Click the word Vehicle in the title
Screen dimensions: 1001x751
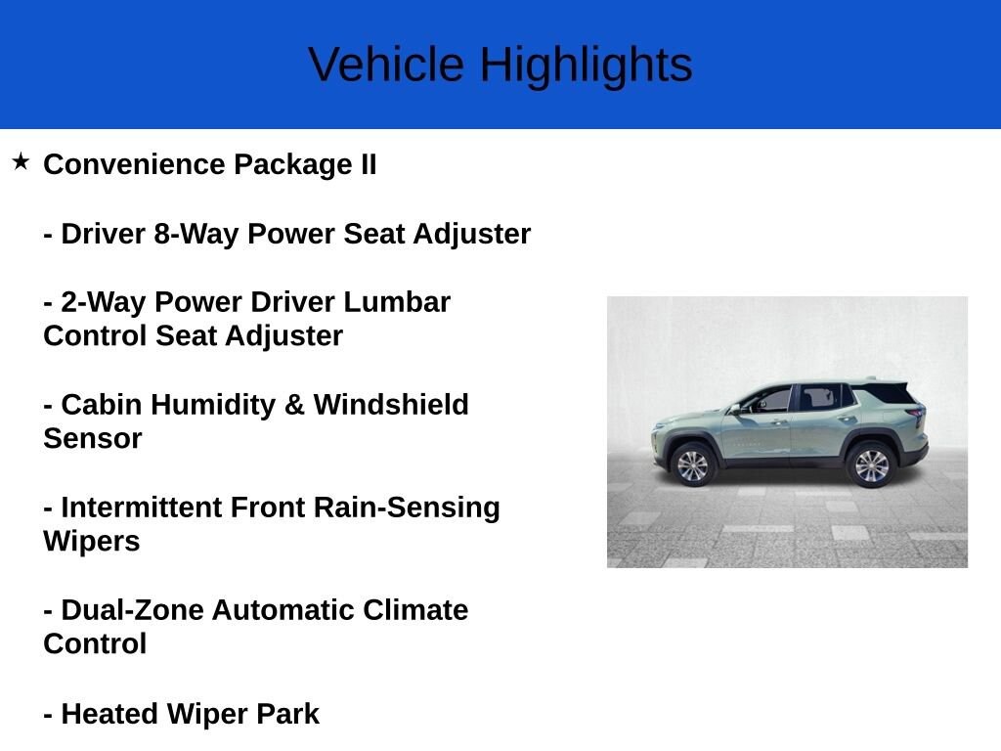(x=386, y=65)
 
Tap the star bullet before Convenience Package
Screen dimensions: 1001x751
(x=21, y=161)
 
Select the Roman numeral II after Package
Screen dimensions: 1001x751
(x=369, y=164)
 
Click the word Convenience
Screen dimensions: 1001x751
(x=134, y=164)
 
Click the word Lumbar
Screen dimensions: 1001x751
(x=397, y=302)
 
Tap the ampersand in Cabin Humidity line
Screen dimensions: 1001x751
(x=294, y=405)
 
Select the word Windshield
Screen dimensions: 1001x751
(x=391, y=405)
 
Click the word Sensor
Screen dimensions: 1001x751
(x=93, y=439)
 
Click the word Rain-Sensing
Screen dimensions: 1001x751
(x=407, y=508)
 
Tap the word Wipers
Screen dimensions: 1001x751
(x=91, y=542)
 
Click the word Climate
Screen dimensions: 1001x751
(x=415, y=610)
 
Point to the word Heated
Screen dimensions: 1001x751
(x=109, y=714)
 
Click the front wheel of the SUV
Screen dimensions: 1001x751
(x=693, y=464)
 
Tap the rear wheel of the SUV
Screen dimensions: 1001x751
(x=871, y=464)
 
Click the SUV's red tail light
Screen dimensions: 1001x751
(x=917, y=415)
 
